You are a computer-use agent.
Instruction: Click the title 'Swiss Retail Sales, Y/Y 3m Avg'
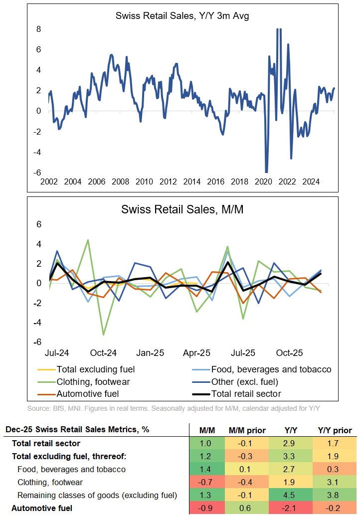[182, 15]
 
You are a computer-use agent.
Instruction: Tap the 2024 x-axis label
[311, 181]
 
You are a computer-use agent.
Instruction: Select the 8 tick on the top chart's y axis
[38, 29]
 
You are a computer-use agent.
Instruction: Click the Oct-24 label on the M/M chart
[104, 352]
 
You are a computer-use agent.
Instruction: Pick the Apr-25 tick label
[197, 352]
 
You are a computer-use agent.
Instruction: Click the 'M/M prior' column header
[248, 430]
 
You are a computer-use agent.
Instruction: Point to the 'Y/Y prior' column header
[335, 430]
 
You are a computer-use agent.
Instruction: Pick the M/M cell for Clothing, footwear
[204, 482]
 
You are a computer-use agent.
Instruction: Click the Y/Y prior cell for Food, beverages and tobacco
[335, 469]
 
